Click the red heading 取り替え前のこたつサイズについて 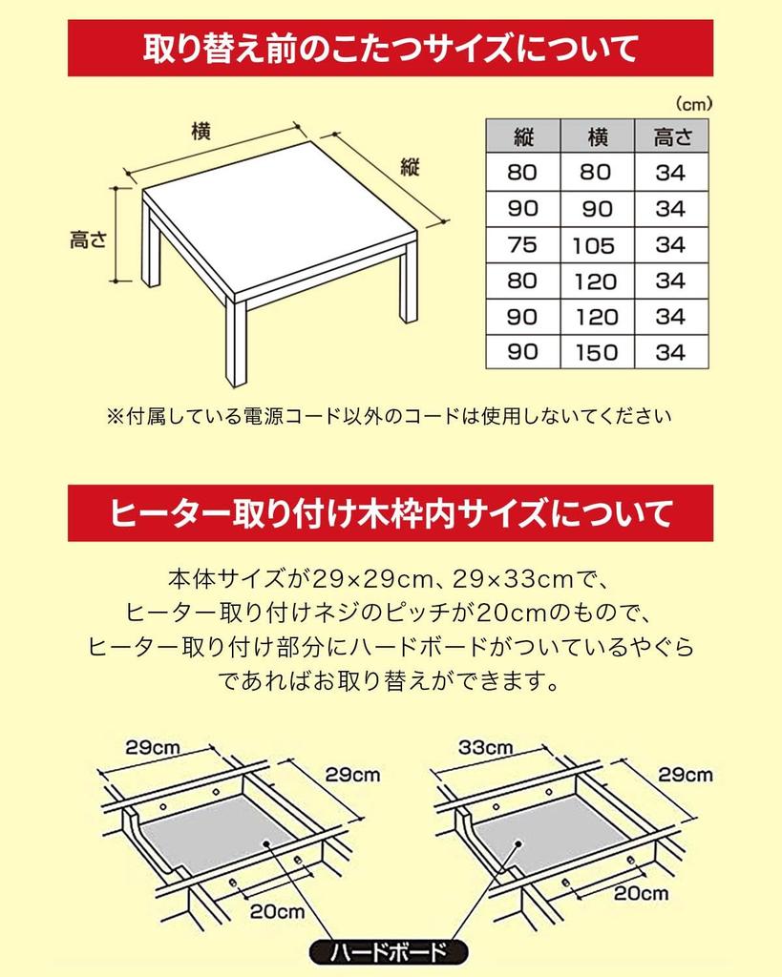click(391, 48)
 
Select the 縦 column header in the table click(522, 136)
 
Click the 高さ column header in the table click(671, 136)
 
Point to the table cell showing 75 click(522, 245)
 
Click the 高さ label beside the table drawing click(88, 239)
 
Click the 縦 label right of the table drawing click(411, 168)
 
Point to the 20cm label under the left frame click(277, 911)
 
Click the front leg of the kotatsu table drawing click(236, 343)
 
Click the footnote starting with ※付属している click(389, 416)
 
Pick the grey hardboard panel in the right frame click(554, 828)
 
